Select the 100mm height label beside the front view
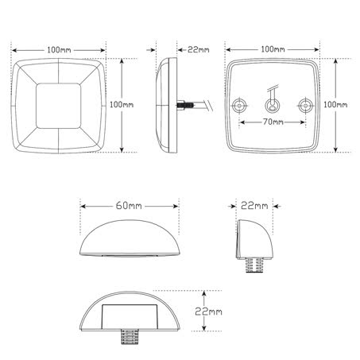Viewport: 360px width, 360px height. (121, 104)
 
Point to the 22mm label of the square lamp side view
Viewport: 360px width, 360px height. (195, 49)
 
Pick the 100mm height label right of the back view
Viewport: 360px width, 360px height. (339, 105)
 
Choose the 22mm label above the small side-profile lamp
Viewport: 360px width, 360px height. (254, 205)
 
